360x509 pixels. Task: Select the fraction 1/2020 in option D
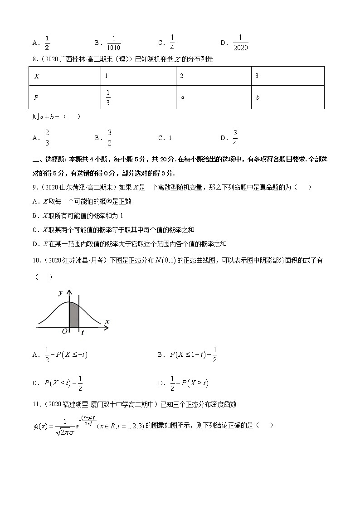[x=240, y=43]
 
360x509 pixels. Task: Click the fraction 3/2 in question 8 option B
[x=110, y=138]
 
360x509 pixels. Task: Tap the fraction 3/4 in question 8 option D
[x=235, y=138]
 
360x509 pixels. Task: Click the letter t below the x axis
[x=82, y=333]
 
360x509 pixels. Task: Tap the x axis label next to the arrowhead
[x=107, y=321]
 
